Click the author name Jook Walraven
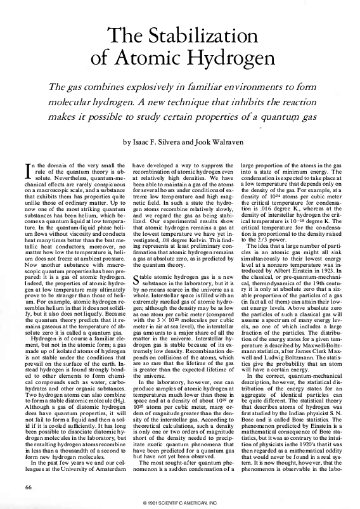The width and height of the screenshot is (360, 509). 215,143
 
